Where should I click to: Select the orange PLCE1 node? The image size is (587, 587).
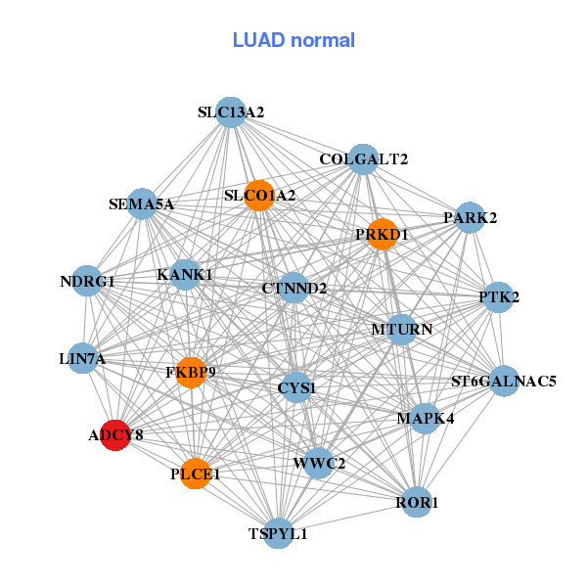(197, 474)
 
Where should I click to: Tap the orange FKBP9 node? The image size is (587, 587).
(191, 372)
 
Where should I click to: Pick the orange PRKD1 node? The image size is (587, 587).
(382, 234)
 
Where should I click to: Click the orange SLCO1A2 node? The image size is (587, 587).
(258, 196)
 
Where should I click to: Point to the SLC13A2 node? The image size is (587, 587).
(230, 113)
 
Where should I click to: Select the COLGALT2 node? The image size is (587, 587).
(363, 158)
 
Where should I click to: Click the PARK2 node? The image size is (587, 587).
(471, 217)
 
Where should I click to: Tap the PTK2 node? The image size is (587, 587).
(499, 296)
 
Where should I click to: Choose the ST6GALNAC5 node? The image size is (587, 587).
(503, 381)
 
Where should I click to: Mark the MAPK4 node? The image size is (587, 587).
(425, 419)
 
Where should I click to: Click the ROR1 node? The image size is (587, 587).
(417, 503)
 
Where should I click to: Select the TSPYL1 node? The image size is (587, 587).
(279, 533)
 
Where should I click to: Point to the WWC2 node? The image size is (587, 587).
(318, 463)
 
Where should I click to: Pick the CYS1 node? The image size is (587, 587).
(295, 388)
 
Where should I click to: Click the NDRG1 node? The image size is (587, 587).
(87, 281)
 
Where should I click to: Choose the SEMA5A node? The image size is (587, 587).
(142, 204)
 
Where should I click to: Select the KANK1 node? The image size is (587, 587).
(184, 274)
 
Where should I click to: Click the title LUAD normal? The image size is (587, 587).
(293, 40)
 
